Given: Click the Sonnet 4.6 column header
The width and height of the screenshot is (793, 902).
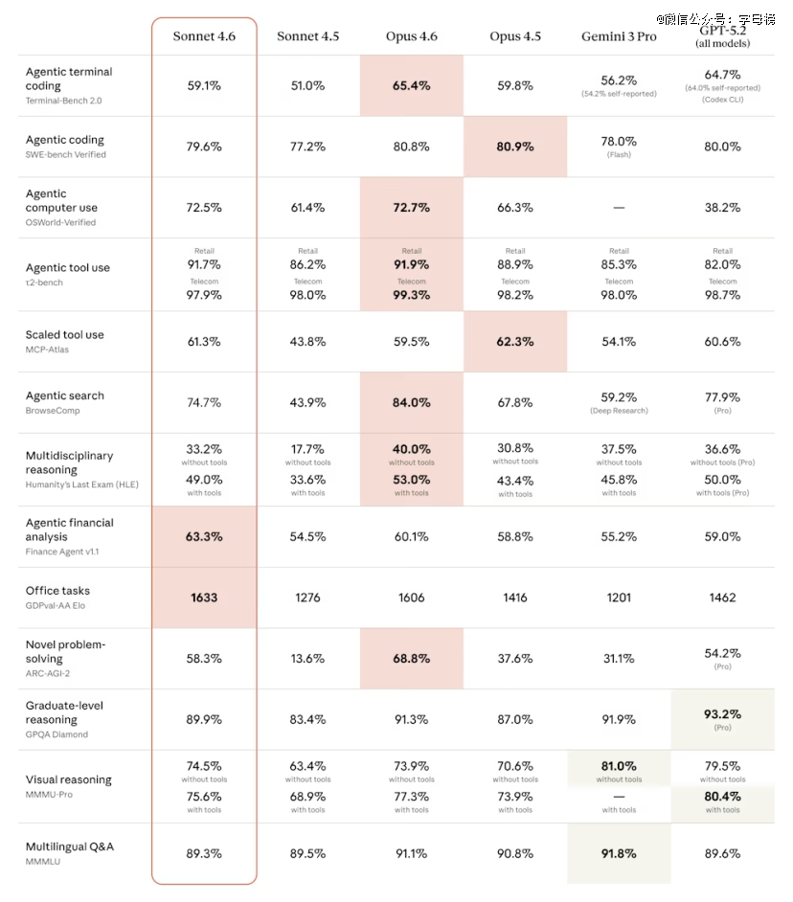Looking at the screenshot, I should coord(204,36).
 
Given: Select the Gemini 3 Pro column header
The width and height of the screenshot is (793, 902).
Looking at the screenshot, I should coord(619,36).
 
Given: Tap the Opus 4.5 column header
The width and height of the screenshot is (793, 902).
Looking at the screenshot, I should coord(515,36).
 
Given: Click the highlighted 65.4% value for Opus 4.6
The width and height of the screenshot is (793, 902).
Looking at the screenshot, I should coord(412,85).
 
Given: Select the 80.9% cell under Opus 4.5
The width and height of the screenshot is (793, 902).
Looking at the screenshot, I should coord(515,147).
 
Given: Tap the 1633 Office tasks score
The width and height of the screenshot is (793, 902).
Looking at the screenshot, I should coord(204,598).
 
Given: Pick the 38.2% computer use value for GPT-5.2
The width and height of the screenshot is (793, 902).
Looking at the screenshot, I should coord(723,208).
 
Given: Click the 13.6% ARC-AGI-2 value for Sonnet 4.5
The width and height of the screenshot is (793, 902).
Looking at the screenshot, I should coord(307,659).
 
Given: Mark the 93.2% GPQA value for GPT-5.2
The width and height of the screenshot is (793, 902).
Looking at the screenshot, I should coord(723,714).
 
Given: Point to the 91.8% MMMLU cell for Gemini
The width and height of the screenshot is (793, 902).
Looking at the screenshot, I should coord(619,853).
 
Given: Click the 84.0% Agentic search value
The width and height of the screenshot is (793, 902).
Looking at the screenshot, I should coord(412,403).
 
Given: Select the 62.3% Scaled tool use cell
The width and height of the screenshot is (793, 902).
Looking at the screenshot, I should coord(515,342).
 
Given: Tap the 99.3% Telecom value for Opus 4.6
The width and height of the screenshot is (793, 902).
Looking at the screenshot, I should coord(412,295).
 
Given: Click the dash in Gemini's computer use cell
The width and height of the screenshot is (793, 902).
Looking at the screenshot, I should coord(619,208).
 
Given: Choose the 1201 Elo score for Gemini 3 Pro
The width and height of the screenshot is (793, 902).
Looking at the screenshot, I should coord(619,598).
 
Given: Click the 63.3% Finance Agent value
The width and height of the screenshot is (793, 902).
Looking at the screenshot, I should coord(204,537).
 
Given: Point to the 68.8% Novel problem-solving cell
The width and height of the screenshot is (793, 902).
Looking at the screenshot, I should coord(412,659).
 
